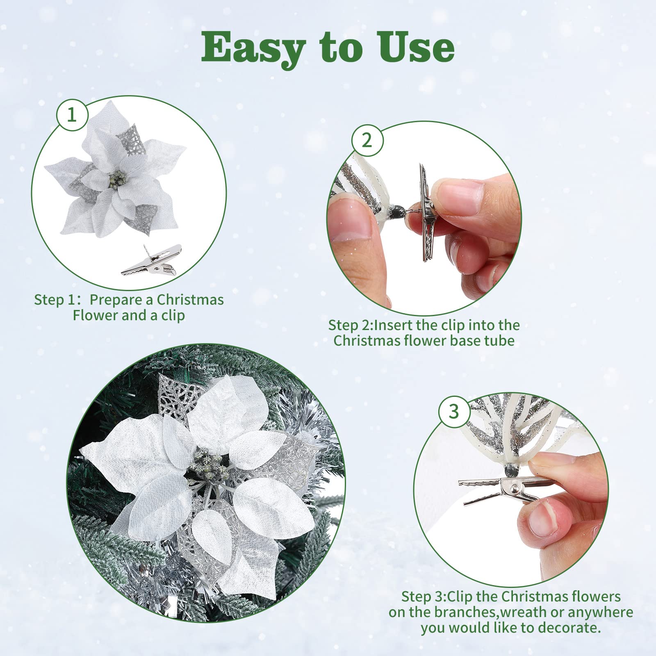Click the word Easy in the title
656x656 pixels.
[x=253, y=49]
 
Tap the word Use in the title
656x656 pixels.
[x=417, y=48]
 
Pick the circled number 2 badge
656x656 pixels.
[x=367, y=141]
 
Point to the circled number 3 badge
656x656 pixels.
[x=454, y=411]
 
